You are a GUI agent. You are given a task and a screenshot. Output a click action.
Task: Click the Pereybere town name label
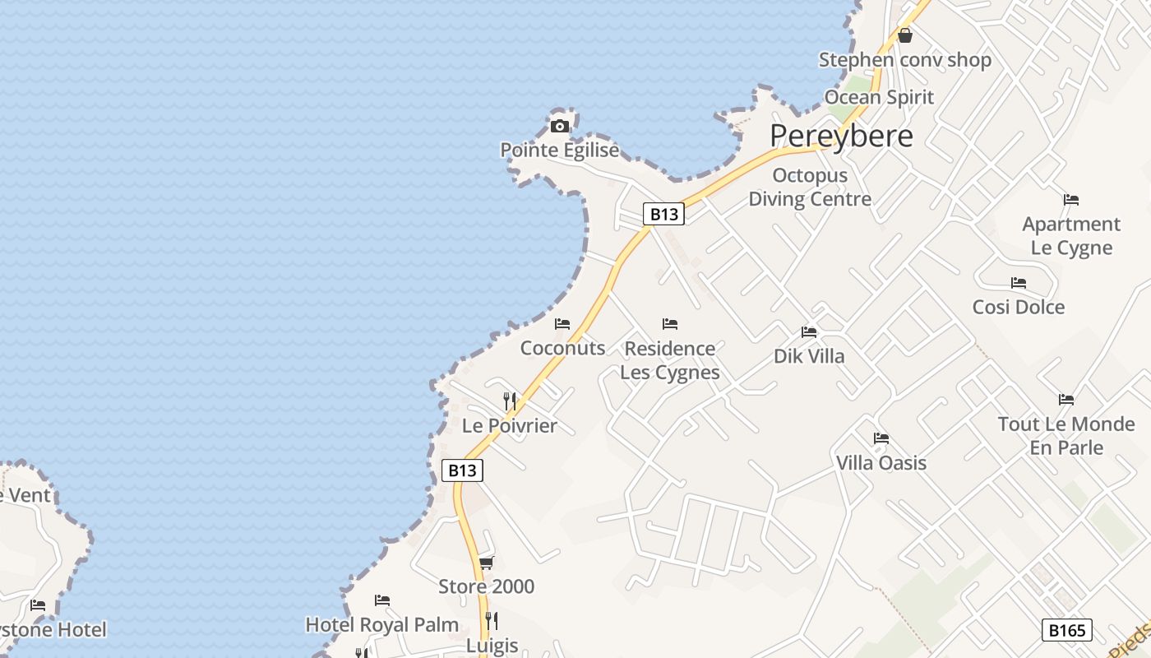pos(841,137)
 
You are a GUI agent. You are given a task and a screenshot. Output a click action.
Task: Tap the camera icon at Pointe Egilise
pos(560,126)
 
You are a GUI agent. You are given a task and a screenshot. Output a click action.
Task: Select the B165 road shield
pos(1066,630)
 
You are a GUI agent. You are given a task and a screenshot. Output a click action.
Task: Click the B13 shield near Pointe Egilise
pos(663,214)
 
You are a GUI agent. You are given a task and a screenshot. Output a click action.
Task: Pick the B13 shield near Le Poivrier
pos(462,470)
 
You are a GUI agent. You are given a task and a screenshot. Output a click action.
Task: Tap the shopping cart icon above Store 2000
pos(486,563)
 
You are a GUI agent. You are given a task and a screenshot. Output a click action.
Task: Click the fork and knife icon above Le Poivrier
pos(510,401)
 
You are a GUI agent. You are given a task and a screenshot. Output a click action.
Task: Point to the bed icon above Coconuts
pos(562,324)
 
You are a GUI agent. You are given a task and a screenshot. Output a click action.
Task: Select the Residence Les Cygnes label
pos(669,360)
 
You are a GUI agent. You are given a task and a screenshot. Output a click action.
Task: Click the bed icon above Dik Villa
pos(809,332)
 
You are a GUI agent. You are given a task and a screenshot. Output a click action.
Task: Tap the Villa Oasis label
pos(881,463)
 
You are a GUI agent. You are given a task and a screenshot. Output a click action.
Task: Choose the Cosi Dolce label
pos(1018,308)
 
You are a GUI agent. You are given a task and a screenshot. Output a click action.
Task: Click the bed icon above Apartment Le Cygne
pos(1070,200)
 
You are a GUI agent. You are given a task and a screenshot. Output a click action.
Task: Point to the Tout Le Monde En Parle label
pos(1065,436)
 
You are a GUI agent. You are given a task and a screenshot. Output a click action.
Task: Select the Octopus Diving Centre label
pos(809,188)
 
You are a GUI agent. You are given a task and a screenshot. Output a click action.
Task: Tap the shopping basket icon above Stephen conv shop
pos(905,35)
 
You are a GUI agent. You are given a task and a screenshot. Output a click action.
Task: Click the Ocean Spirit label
pos(879,97)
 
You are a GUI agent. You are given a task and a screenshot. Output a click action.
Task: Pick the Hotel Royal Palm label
pos(381,625)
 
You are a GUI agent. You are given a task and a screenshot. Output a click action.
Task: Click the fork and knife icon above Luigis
pos(492,621)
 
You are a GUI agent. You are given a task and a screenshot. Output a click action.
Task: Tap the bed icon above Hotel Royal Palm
pos(381,600)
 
